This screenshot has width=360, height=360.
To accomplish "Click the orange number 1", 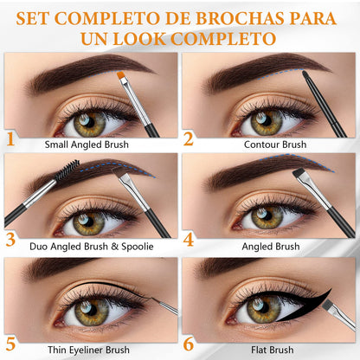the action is point(10,138).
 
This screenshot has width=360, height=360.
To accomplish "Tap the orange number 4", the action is point(189,240).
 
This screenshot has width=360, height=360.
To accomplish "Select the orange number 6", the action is point(189,344).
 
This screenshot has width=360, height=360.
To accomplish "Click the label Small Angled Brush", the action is point(87,145).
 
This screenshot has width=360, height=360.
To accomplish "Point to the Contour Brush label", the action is point(275,145).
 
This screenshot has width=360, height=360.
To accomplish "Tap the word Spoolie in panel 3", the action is point(138,247).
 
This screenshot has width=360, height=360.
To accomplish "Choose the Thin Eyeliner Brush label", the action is point(88,350).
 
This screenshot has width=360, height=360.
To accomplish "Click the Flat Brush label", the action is point(272,350).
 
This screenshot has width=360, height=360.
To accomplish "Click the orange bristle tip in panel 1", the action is point(121,76).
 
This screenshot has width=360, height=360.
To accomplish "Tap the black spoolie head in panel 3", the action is point(67,170).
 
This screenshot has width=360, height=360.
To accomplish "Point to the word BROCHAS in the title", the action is point(240,18).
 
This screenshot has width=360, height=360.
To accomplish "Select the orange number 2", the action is point(189,138).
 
